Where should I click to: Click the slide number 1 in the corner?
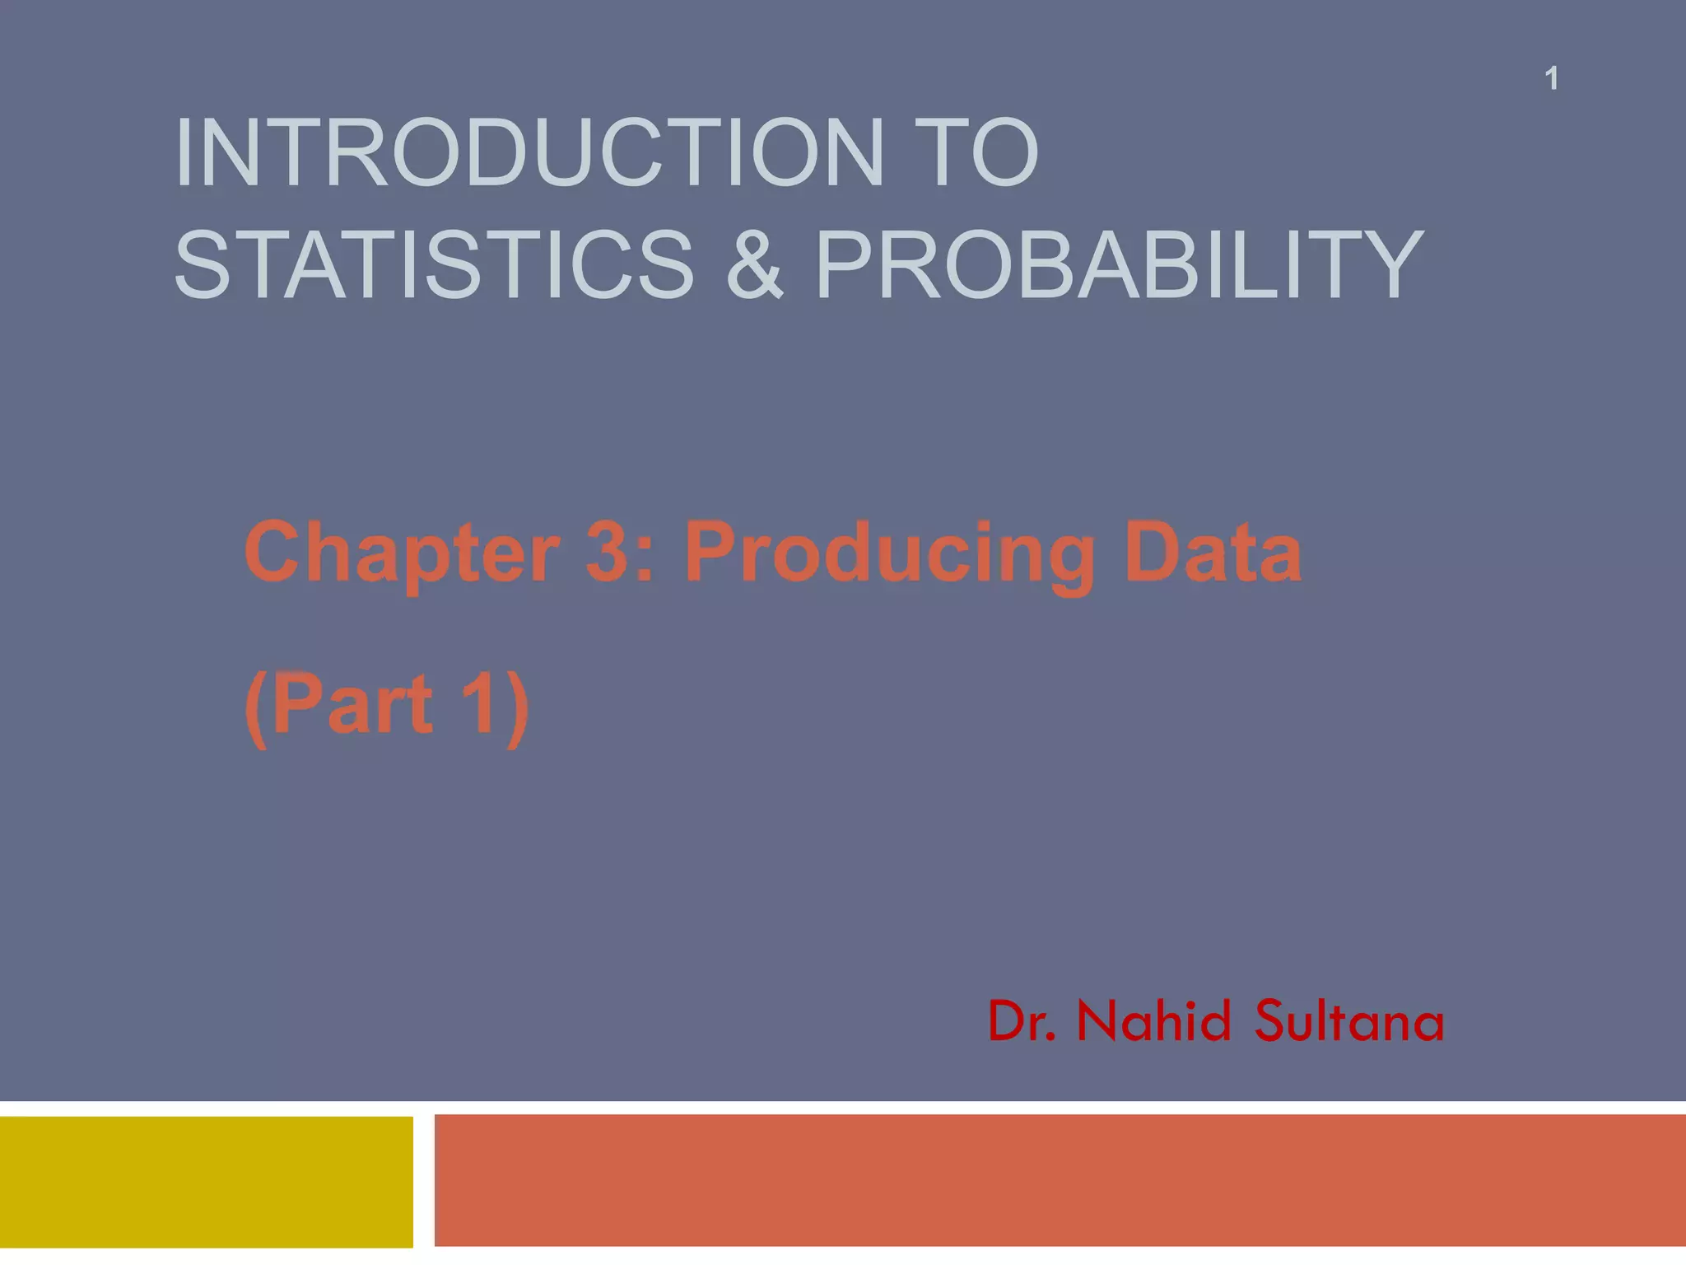1551,79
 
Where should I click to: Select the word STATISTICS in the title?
434,265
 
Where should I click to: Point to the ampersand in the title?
755,265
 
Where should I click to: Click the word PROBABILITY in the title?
1119,265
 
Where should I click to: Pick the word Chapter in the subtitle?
402,553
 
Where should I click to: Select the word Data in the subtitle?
1213,553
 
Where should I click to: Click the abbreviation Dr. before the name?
1022,1022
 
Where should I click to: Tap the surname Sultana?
1349,1022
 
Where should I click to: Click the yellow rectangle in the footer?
206,1182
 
